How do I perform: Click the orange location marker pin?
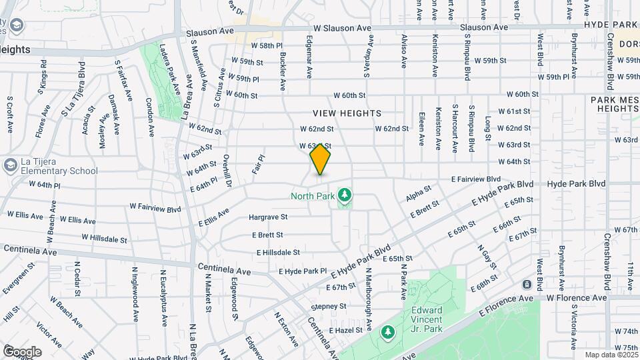320,159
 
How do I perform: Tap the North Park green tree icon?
345,195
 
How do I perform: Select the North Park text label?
313,196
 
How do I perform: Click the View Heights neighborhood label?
347,113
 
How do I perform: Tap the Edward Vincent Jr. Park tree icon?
388,331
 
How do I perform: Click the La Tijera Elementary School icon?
9,165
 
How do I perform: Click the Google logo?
22,351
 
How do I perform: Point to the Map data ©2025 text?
611,355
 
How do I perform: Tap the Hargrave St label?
268,217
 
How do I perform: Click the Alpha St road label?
419,194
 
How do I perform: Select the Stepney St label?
329,307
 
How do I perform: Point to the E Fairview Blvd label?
475,179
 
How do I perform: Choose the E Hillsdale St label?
278,253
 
